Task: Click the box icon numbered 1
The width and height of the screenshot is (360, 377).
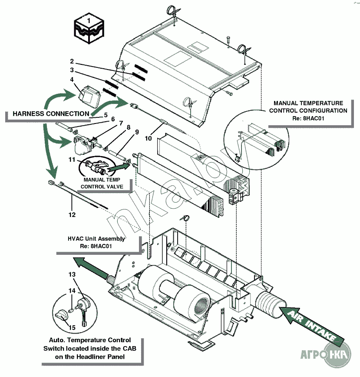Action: pyautogui.click(x=89, y=28)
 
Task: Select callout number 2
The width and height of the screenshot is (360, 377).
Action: pyautogui.click(x=72, y=62)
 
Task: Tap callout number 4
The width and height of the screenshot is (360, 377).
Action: pyautogui.click(x=72, y=79)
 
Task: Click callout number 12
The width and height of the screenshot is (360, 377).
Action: pyautogui.click(x=72, y=215)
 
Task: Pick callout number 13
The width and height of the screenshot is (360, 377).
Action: pyautogui.click(x=72, y=274)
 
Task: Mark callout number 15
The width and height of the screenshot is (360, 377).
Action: pyautogui.click(x=72, y=328)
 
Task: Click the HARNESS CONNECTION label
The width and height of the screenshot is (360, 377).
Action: pyautogui.click(x=51, y=114)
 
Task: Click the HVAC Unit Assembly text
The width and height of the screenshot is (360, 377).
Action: pyautogui.click(x=96, y=239)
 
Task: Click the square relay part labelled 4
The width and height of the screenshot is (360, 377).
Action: pyautogui.click(x=89, y=94)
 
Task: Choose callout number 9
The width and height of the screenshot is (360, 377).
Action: pyautogui.click(x=137, y=132)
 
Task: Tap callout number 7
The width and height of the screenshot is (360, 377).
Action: pyautogui.click(x=121, y=123)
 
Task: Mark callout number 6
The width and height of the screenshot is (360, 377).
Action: pyautogui.click(x=112, y=119)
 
